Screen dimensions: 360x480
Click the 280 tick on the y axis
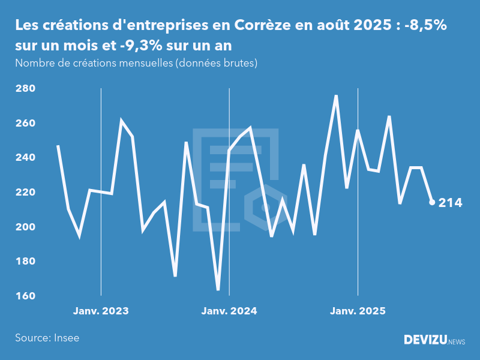[25, 89]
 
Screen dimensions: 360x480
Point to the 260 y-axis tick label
[25, 124]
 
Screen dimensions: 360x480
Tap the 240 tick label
[25, 158]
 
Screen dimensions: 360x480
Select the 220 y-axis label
[25, 193]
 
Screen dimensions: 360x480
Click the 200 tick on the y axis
[25, 227]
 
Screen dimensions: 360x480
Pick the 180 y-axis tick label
[25, 262]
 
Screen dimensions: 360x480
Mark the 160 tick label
[25, 296]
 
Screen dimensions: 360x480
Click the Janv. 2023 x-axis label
[101, 311]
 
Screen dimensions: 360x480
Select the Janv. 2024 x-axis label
[229, 311]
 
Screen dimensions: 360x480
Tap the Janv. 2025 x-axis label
[358, 311]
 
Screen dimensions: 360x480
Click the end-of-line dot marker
[432, 202]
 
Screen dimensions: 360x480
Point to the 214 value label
[451, 203]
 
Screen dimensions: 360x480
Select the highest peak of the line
[336, 96]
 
